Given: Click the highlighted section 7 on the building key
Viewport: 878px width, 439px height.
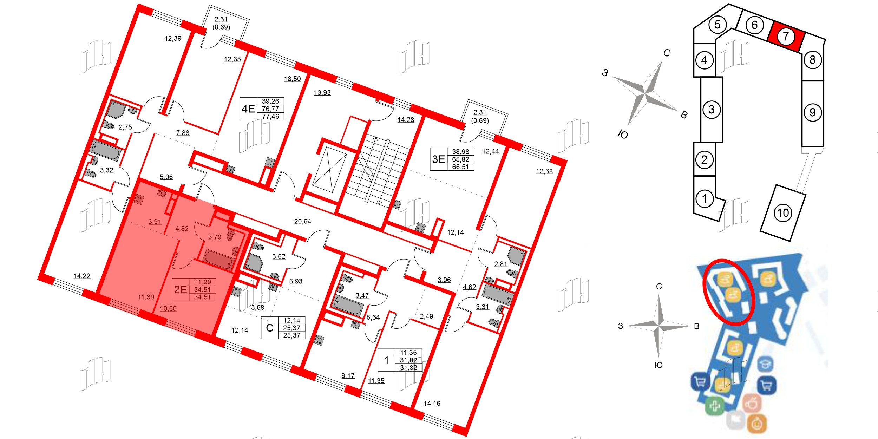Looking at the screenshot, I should (786, 37).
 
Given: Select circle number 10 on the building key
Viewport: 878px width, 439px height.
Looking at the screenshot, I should (783, 213).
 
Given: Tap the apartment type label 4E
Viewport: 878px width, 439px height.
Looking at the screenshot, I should (248, 109).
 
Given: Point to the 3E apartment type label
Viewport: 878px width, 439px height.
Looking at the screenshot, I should (439, 159).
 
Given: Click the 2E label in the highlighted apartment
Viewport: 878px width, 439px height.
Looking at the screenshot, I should (181, 290).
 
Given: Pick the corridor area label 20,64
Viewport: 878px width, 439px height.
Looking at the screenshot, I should (302, 221).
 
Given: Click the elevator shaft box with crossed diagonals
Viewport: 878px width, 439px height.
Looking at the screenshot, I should (329, 170).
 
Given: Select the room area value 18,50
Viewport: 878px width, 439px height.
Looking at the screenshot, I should (292, 79).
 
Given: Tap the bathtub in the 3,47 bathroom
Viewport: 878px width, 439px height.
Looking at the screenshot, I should (348, 305).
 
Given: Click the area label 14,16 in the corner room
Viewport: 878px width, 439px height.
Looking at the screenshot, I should (432, 404).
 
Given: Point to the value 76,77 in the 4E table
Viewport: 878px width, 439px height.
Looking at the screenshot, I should (270, 109).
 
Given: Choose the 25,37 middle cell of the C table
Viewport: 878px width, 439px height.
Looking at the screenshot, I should (291, 328).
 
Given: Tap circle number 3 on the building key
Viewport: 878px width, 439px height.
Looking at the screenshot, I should (711, 110).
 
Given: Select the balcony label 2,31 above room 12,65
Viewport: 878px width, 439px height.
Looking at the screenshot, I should (221, 20).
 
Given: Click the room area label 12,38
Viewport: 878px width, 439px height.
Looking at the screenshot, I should (544, 171).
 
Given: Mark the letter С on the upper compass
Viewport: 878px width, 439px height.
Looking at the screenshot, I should (667, 53).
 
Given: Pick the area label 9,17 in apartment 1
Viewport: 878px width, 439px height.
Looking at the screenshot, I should (348, 376).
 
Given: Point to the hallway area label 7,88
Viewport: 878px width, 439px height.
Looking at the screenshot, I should (183, 133).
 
